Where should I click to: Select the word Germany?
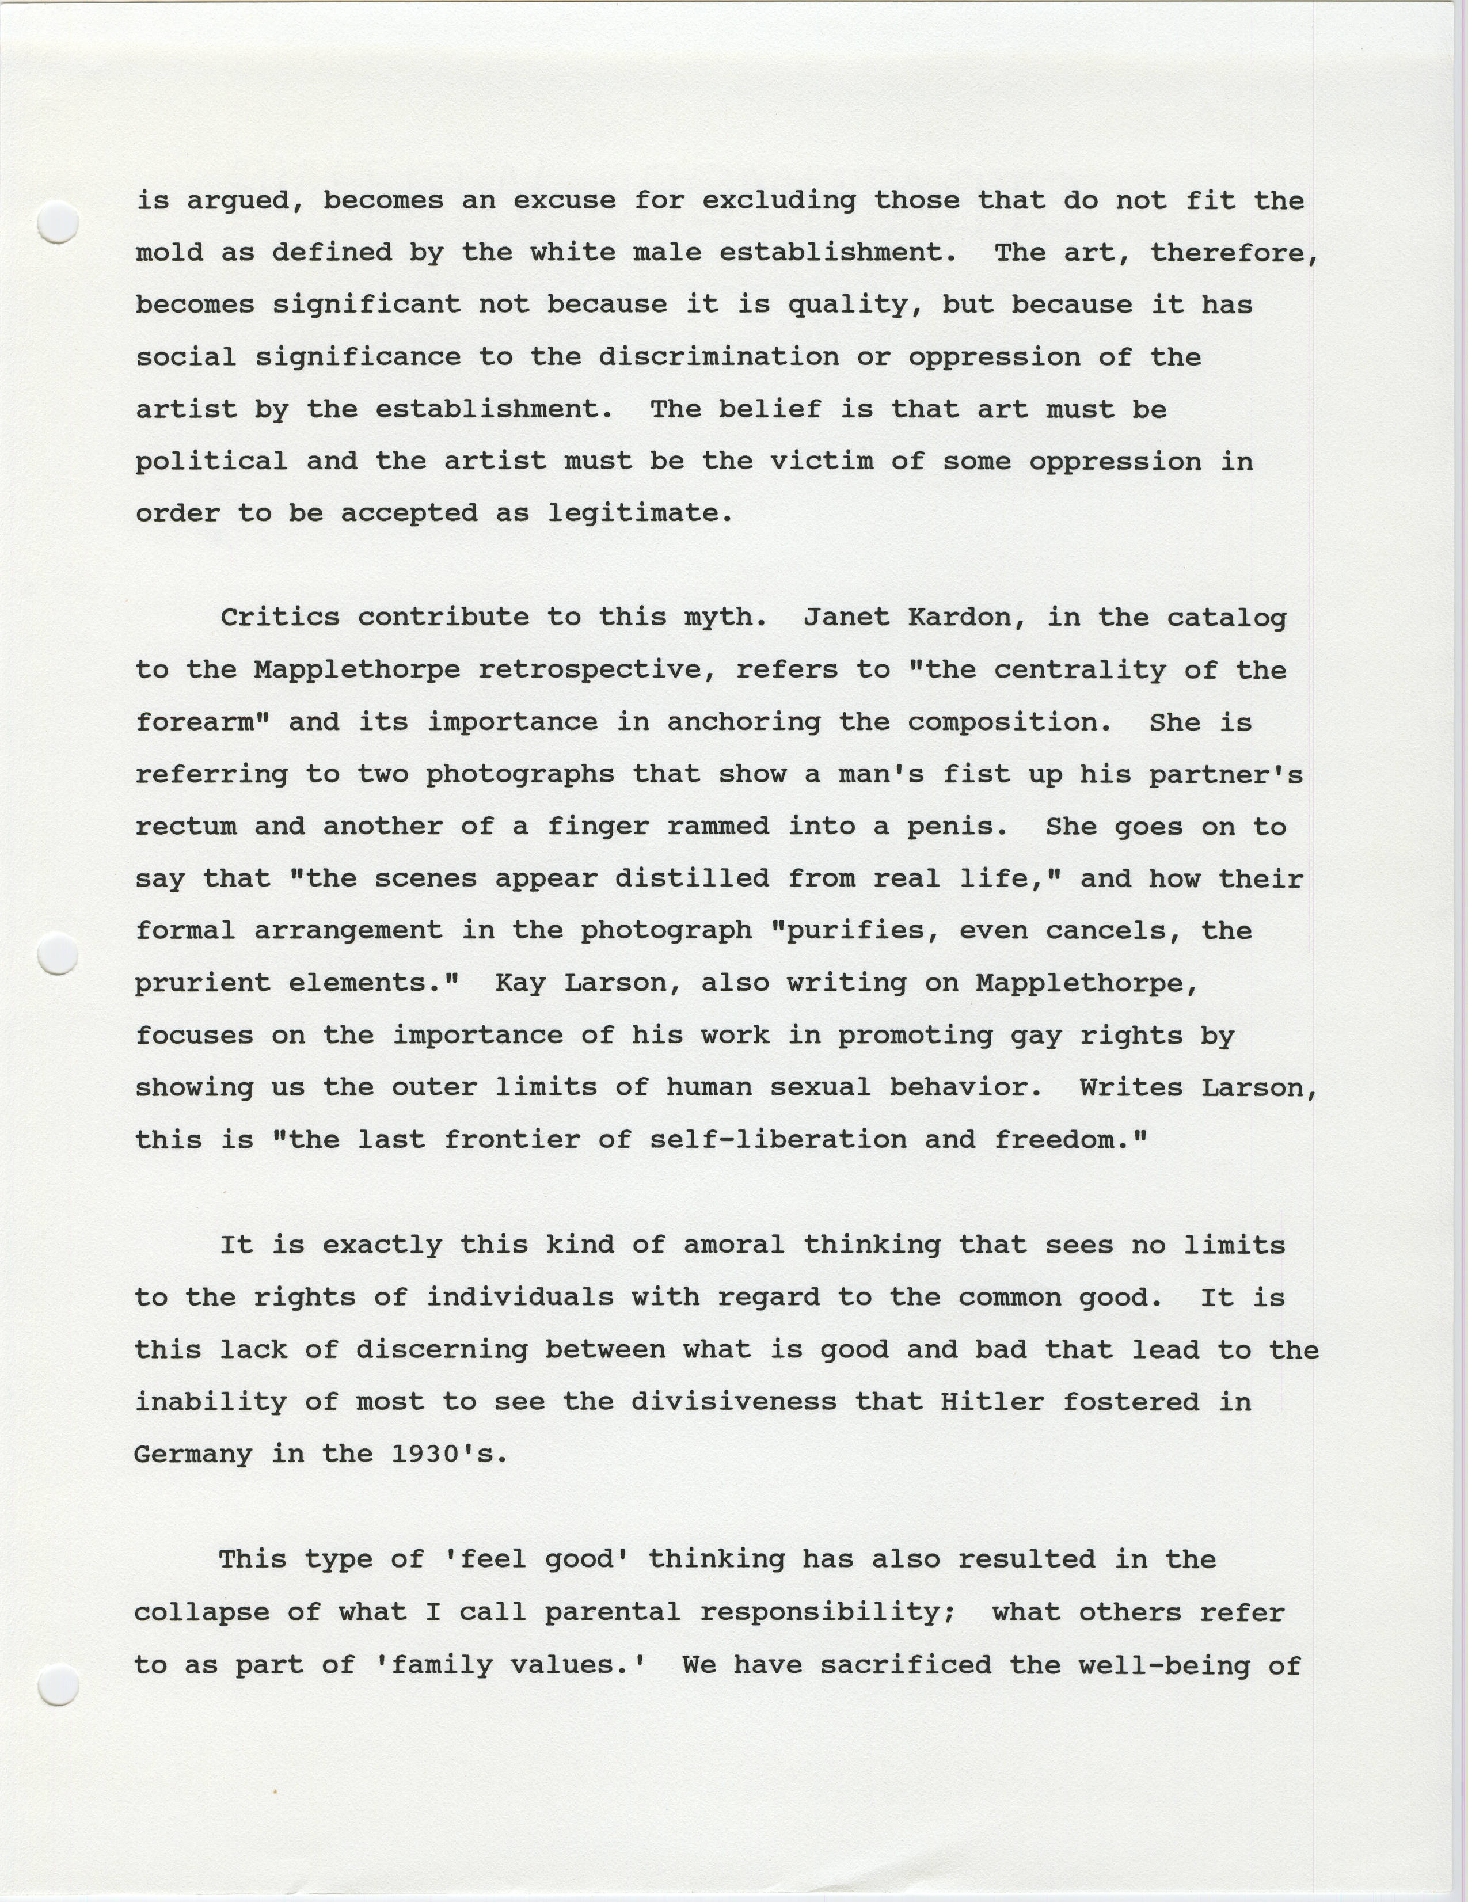[x=193, y=1454]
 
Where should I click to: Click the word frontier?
[x=512, y=1140]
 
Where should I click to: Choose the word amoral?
[x=733, y=1245]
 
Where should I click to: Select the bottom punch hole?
[x=58, y=1683]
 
